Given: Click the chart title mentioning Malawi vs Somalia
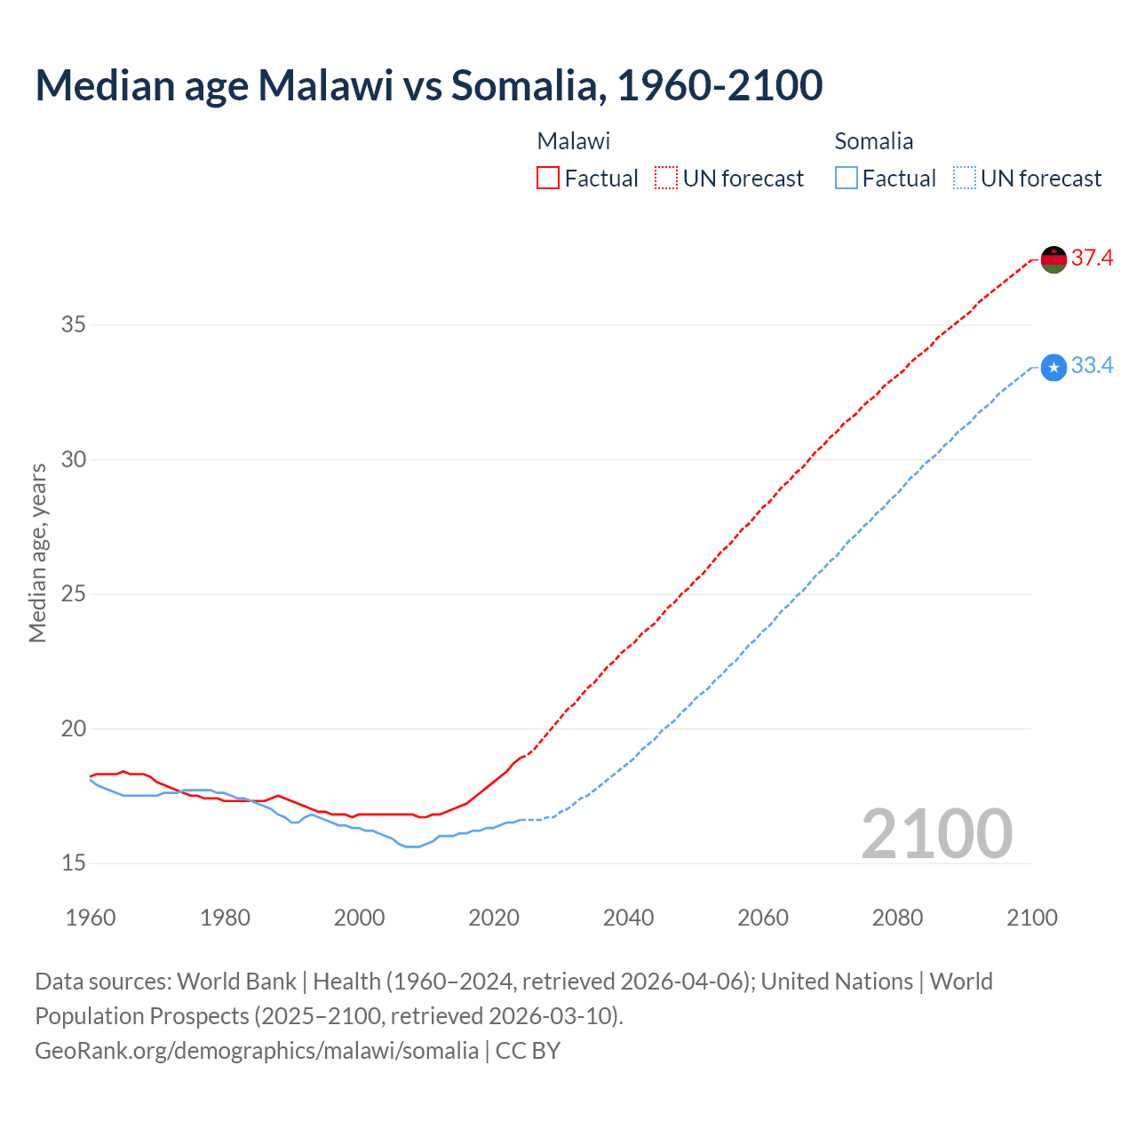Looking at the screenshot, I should point(429,85).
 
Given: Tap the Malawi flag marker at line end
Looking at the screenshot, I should point(1054,259).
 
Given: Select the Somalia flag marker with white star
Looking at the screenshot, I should point(1054,367).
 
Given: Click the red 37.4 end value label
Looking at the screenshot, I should point(1092,258).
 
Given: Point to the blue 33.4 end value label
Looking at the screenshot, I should point(1092,366).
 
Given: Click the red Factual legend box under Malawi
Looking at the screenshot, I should point(548,179).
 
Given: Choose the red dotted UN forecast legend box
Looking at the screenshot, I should point(666,179).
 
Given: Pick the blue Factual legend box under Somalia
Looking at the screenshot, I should point(847,179).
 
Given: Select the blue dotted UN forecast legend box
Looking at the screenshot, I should point(965,179).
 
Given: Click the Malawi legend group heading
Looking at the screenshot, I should point(574,141).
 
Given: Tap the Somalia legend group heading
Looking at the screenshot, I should point(874,141).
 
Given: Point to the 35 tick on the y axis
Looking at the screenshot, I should point(74,325).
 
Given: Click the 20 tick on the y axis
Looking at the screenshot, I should point(74,729).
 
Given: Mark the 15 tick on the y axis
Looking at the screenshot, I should point(74,863).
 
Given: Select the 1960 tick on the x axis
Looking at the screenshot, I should point(91,918).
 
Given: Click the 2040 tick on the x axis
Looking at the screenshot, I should point(629,918).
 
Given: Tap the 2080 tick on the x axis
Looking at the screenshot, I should point(898,918).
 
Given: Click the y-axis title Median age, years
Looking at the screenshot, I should point(37,553).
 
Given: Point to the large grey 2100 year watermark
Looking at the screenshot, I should point(937,834).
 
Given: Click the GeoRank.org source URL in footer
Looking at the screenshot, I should point(257,1051).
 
